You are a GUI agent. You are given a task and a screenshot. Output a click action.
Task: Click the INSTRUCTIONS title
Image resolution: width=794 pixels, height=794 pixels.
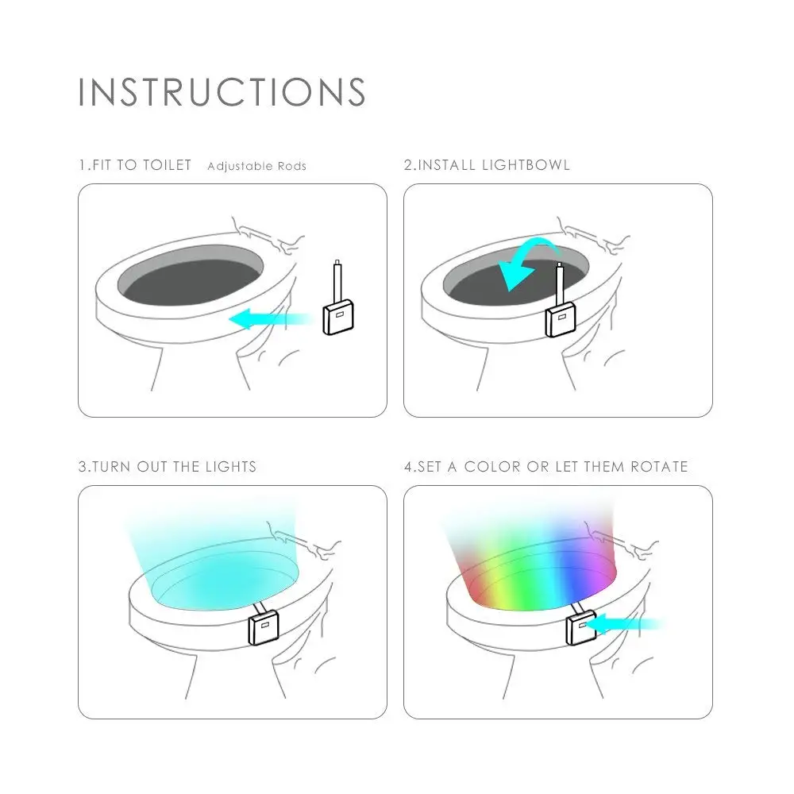point(222,92)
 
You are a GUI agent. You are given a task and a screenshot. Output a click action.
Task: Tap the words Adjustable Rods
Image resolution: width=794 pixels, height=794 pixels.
point(256,166)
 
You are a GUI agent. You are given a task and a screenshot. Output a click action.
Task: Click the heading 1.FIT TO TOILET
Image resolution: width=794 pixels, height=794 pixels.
point(135,165)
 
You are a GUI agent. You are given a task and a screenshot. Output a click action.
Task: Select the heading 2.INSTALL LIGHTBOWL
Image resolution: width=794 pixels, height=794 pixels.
point(487,165)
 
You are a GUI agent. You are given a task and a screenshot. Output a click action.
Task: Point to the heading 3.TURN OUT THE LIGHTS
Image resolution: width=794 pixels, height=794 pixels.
point(168,466)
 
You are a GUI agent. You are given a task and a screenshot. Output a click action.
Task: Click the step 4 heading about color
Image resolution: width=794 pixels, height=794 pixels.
point(546,466)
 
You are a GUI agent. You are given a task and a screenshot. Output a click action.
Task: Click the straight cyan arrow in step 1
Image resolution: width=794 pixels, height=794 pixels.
point(271,319)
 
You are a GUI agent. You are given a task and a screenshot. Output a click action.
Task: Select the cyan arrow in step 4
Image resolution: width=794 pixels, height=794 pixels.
point(627,624)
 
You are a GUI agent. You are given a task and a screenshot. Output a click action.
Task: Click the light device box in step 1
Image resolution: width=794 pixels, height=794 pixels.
point(338,317)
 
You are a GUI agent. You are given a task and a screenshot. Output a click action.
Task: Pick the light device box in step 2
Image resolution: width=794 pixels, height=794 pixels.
point(561,319)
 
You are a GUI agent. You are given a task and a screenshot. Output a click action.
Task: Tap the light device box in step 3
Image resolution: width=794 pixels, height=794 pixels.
point(264,627)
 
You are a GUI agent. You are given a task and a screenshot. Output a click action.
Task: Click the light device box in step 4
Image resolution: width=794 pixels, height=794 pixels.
point(581,628)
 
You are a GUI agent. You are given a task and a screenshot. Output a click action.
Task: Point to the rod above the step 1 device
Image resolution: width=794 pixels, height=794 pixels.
point(337,282)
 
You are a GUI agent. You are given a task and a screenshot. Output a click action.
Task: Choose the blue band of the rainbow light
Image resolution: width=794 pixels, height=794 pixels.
point(572,572)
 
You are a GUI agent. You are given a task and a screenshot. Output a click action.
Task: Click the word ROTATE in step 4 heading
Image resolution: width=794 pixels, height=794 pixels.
point(659,466)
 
